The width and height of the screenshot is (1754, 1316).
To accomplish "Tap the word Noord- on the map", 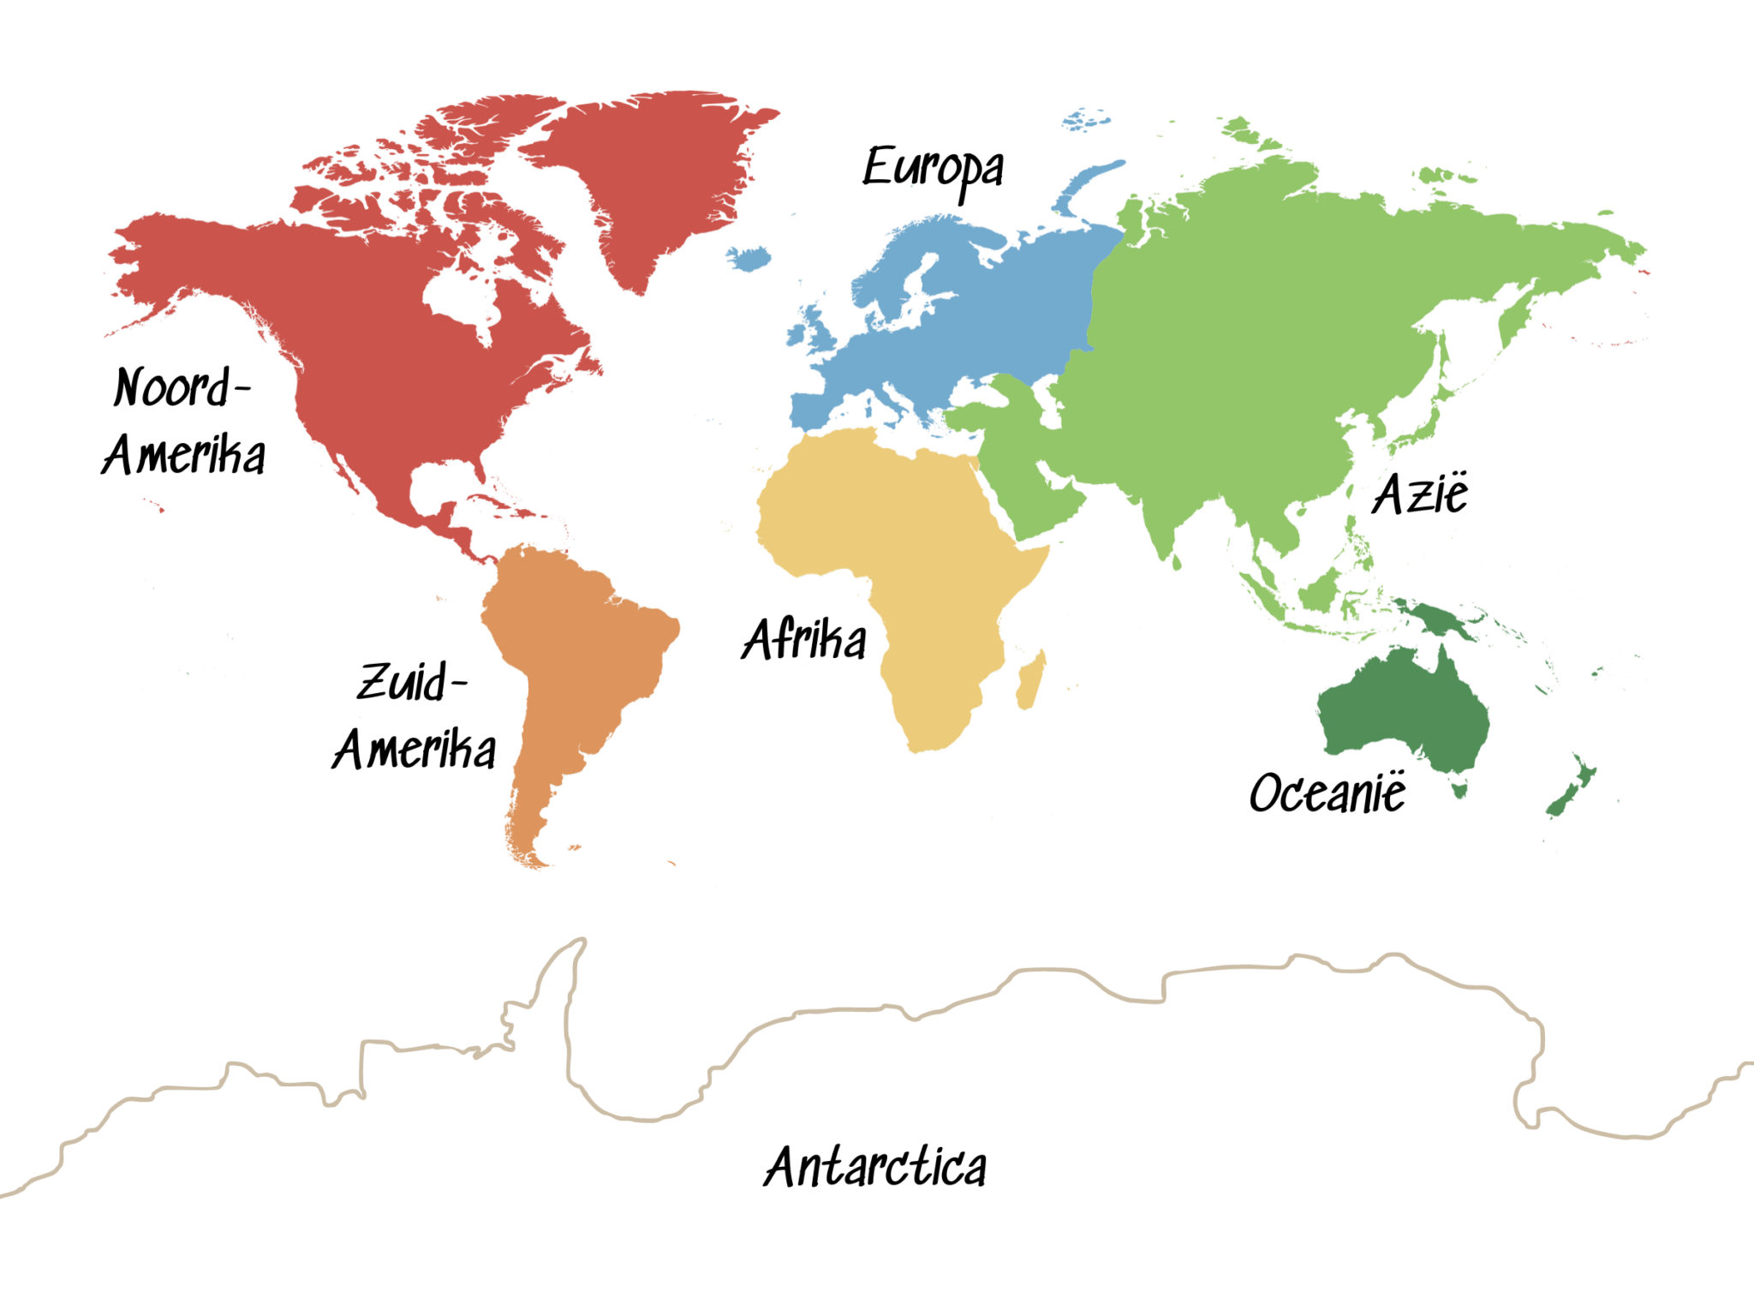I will coord(180,387).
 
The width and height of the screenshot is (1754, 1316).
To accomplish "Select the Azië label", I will coord(1420,494).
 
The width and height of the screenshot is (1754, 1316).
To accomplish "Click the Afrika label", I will coord(803,639).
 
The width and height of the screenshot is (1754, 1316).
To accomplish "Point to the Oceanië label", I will coord(1327,793).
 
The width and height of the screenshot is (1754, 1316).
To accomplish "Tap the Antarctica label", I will coord(874,1167).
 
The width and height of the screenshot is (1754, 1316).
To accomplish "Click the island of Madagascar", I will coord(1031,681).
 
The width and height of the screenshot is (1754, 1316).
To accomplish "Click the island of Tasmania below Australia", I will coord(1459,787).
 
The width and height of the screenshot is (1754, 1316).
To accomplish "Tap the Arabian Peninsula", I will coord(1032,497).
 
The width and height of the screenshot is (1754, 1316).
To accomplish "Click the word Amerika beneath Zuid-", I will coord(415,750).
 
